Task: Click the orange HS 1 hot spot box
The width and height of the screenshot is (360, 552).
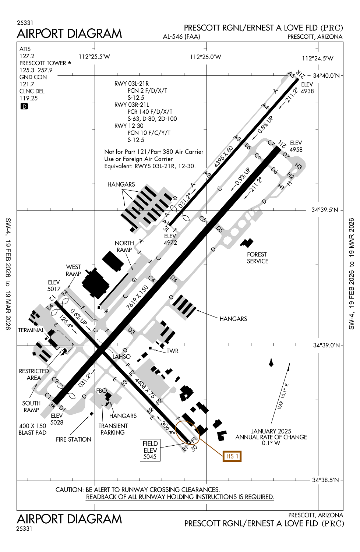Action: tap(232, 456)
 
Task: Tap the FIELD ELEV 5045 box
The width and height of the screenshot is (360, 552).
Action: tap(150, 450)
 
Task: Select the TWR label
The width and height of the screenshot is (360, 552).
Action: tap(172, 351)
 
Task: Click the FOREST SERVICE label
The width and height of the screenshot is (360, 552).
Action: tap(257, 258)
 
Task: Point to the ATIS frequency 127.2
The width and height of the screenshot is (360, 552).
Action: tap(27, 56)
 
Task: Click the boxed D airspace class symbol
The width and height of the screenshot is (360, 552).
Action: tap(24, 106)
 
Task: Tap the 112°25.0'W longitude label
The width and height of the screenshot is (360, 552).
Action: tap(205, 57)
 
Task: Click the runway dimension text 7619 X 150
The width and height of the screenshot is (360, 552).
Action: tap(137, 297)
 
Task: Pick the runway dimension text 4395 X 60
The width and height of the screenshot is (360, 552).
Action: tap(223, 157)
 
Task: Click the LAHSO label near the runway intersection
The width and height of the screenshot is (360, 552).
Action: tap(121, 357)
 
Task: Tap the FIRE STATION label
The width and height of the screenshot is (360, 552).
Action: tap(74, 439)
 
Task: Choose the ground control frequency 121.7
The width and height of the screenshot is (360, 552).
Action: tap(27, 84)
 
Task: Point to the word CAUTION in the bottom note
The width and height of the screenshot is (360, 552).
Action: tap(69, 490)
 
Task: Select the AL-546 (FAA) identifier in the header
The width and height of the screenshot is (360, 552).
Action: tap(181, 36)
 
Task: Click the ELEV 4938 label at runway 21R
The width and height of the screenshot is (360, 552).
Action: tap(307, 88)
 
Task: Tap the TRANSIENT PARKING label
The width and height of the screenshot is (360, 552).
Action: tap(113, 429)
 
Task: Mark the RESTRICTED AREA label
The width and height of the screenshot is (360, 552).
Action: tap(34, 374)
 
